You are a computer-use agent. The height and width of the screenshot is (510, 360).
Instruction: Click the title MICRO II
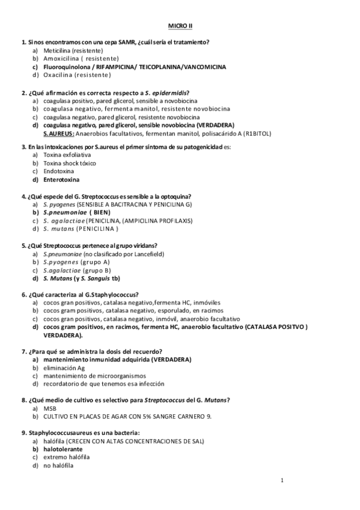pos(180,27)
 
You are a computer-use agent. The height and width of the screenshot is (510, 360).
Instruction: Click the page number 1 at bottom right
pos(281,480)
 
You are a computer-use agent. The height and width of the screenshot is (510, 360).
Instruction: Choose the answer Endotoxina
pos(58,171)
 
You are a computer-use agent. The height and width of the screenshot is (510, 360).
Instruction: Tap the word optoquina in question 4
pos(176,196)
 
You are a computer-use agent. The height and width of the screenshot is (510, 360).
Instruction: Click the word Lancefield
pos(146,254)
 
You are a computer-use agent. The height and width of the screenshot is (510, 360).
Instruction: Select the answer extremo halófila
pos(66,457)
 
